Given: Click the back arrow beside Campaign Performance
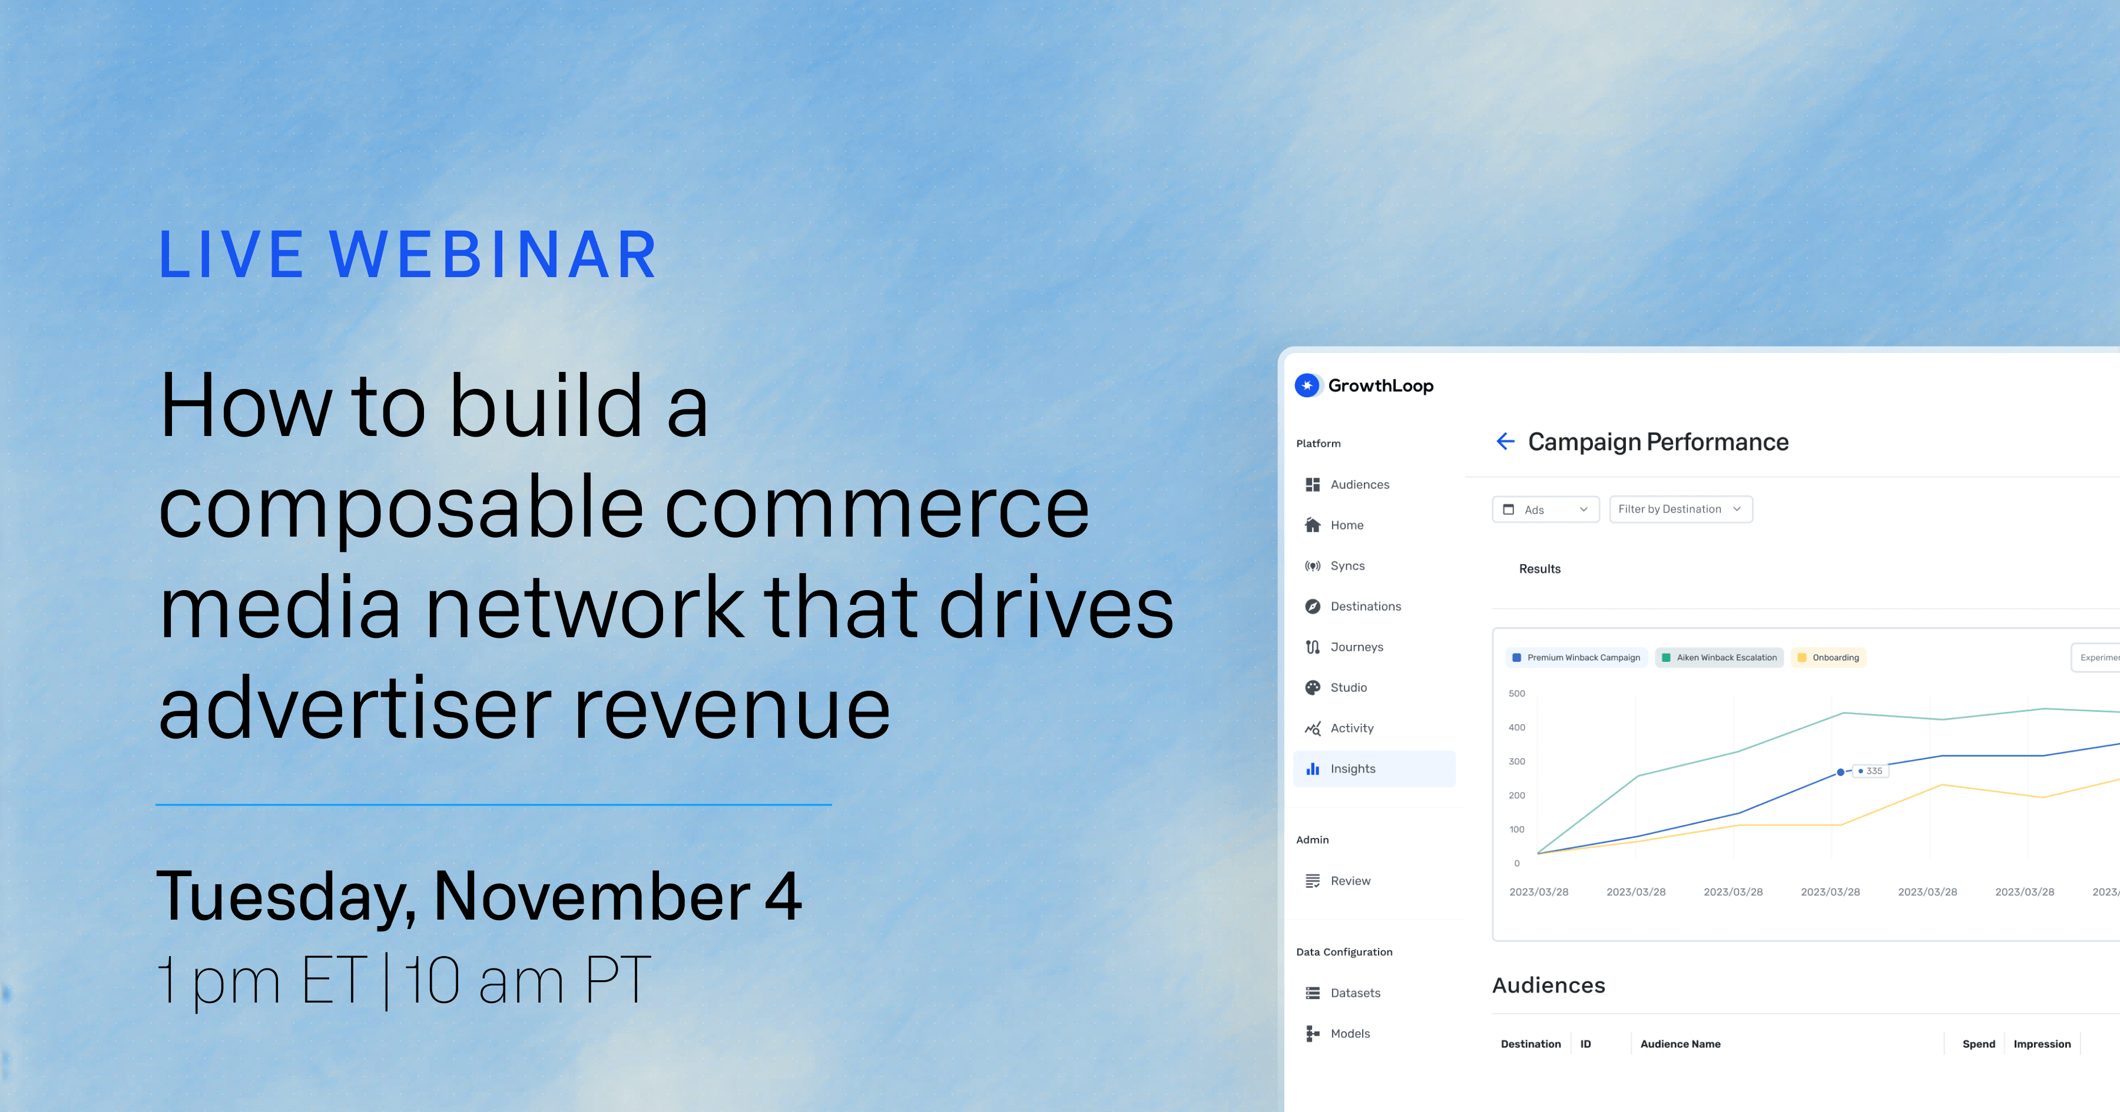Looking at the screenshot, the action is click(1505, 442).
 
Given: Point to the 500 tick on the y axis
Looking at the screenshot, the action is click(1517, 693).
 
